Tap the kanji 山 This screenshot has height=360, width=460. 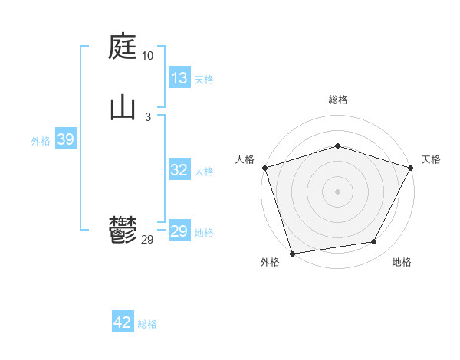pyautogui.click(x=123, y=108)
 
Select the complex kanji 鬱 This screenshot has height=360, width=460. pyautogui.click(x=123, y=230)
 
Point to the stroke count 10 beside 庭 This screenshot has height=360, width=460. pyautogui.click(x=147, y=57)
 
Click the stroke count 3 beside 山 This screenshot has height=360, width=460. pyautogui.click(x=147, y=116)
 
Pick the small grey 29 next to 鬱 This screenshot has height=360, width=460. pyautogui.click(x=147, y=239)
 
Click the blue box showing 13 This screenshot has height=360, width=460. pyautogui.click(x=179, y=78)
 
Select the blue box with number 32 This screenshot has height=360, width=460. pyautogui.click(x=179, y=170)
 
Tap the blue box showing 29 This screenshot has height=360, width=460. pyautogui.click(x=179, y=231)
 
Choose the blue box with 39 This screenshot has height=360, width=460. pyautogui.click(x=65, y=139)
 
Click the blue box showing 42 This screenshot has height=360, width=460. pyautogui.click(x=123, y=322)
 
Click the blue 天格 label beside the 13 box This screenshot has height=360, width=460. pyautogui.click(x=204, y=80)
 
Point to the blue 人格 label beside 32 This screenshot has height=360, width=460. pyautogui.click(x=204, y=172)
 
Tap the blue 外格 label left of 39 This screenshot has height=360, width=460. pyautogui.click(x=41, y=141)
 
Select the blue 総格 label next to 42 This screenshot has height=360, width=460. pyautogui.click(x=147, y=324)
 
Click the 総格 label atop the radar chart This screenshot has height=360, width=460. pyautogui.click(x=337, y=100)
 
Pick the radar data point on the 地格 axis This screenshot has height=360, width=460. pyautogui.click(x=374, y=242)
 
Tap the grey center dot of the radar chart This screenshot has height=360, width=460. pyautogui.click(x=337, y=191)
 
